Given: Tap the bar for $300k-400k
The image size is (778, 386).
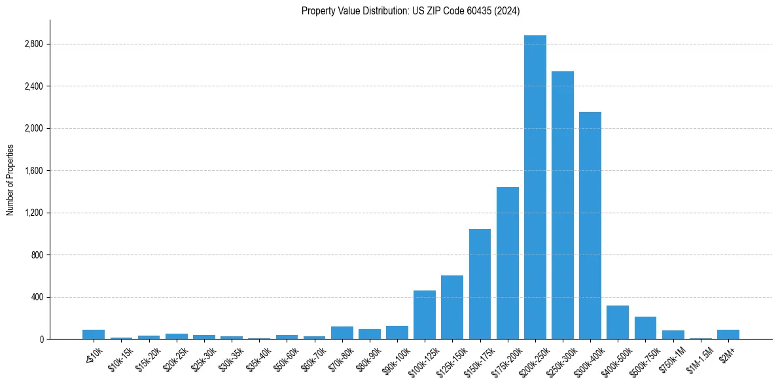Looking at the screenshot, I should click(590, 225).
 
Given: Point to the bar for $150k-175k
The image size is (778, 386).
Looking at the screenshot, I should click(480, 284).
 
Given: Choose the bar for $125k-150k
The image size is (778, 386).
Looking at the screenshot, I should click(451, 307).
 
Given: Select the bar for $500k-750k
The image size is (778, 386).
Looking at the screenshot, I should click(645, 328).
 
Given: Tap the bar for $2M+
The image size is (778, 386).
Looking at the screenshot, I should click(728, 334).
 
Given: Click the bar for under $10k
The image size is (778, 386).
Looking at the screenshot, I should click(94, 334).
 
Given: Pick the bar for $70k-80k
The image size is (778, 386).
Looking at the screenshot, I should click(342, 333).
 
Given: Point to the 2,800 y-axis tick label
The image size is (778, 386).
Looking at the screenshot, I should click(33, 44).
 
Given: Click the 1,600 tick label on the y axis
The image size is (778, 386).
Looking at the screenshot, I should click(33, 171).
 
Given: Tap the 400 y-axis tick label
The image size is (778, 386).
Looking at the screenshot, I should click(37, 297).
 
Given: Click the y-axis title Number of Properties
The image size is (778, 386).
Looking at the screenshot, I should click(10, 180).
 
